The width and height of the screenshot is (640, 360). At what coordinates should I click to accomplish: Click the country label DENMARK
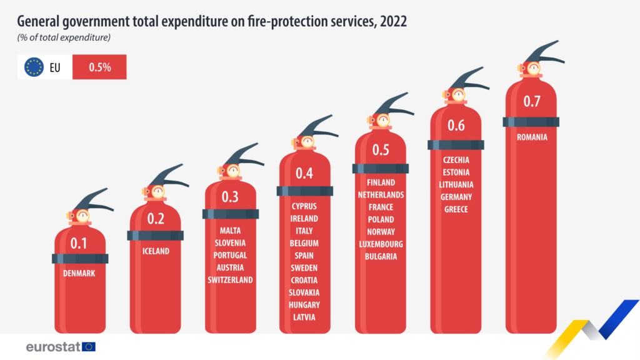[x=79, y=273]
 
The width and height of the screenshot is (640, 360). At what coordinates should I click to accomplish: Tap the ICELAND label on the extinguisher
[x=154, y=251]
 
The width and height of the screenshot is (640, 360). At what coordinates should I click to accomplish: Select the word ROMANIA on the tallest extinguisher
[x=531, y=137]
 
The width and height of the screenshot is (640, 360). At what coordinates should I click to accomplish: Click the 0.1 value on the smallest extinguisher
[x=79, y=242]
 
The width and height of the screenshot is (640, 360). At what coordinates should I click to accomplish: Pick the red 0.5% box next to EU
[x=99, y=67]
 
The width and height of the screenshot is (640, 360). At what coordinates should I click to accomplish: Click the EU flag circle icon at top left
[x=34, y=67]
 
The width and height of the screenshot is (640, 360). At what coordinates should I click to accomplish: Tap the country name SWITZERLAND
[x=230, y=279]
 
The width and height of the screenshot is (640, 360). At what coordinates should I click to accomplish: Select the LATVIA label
[x=304, y=317]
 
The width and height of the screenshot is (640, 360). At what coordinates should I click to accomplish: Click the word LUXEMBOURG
[x=381, y=244]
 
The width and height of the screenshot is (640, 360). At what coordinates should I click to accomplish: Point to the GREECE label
[x=456, y=209]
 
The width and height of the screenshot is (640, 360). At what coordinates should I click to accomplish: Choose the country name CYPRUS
[x=304, y=206]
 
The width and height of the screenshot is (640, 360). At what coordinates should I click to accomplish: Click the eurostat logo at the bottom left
[x=60, y=346]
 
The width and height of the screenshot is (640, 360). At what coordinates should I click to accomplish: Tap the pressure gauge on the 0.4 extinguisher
[x=307, y=142]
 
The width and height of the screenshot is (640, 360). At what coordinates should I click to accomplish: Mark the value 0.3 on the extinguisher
[x=230, y=197]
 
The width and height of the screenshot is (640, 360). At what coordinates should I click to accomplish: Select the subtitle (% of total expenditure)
[x=64, y=38]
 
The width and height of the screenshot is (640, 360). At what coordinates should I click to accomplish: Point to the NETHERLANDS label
[x=381, y=194]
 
